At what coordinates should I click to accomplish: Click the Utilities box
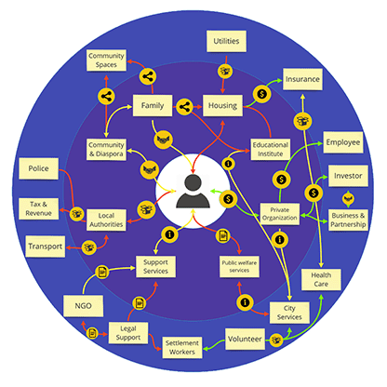click(226, 41)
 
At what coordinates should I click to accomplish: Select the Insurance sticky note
click(302, 79)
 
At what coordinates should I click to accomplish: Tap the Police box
click(38, 168)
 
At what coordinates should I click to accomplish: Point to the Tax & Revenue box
click(38, 208)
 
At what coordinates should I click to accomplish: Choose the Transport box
click(46, 247)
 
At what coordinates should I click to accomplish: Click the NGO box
click(83, 306)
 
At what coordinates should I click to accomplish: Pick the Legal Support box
click(128, 333)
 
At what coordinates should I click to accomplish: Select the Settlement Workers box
click(182, 347)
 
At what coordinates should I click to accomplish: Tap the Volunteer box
click(245, 339)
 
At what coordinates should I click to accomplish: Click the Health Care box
click(321, 280)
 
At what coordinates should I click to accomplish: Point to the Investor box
click(348, 176)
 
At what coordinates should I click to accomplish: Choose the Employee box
click(343, 142)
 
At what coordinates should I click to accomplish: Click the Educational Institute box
click(271, 149)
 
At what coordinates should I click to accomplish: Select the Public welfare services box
click(239, 266)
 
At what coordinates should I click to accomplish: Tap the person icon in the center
click(193, 192)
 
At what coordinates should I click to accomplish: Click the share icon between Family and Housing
click(184, 107)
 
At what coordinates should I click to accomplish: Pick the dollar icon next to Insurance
click(262, 94)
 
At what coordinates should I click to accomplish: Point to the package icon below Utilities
click(225, 71)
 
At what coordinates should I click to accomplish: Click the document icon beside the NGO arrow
click(102, 272)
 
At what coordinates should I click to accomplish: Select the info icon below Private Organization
click(280, 240)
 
